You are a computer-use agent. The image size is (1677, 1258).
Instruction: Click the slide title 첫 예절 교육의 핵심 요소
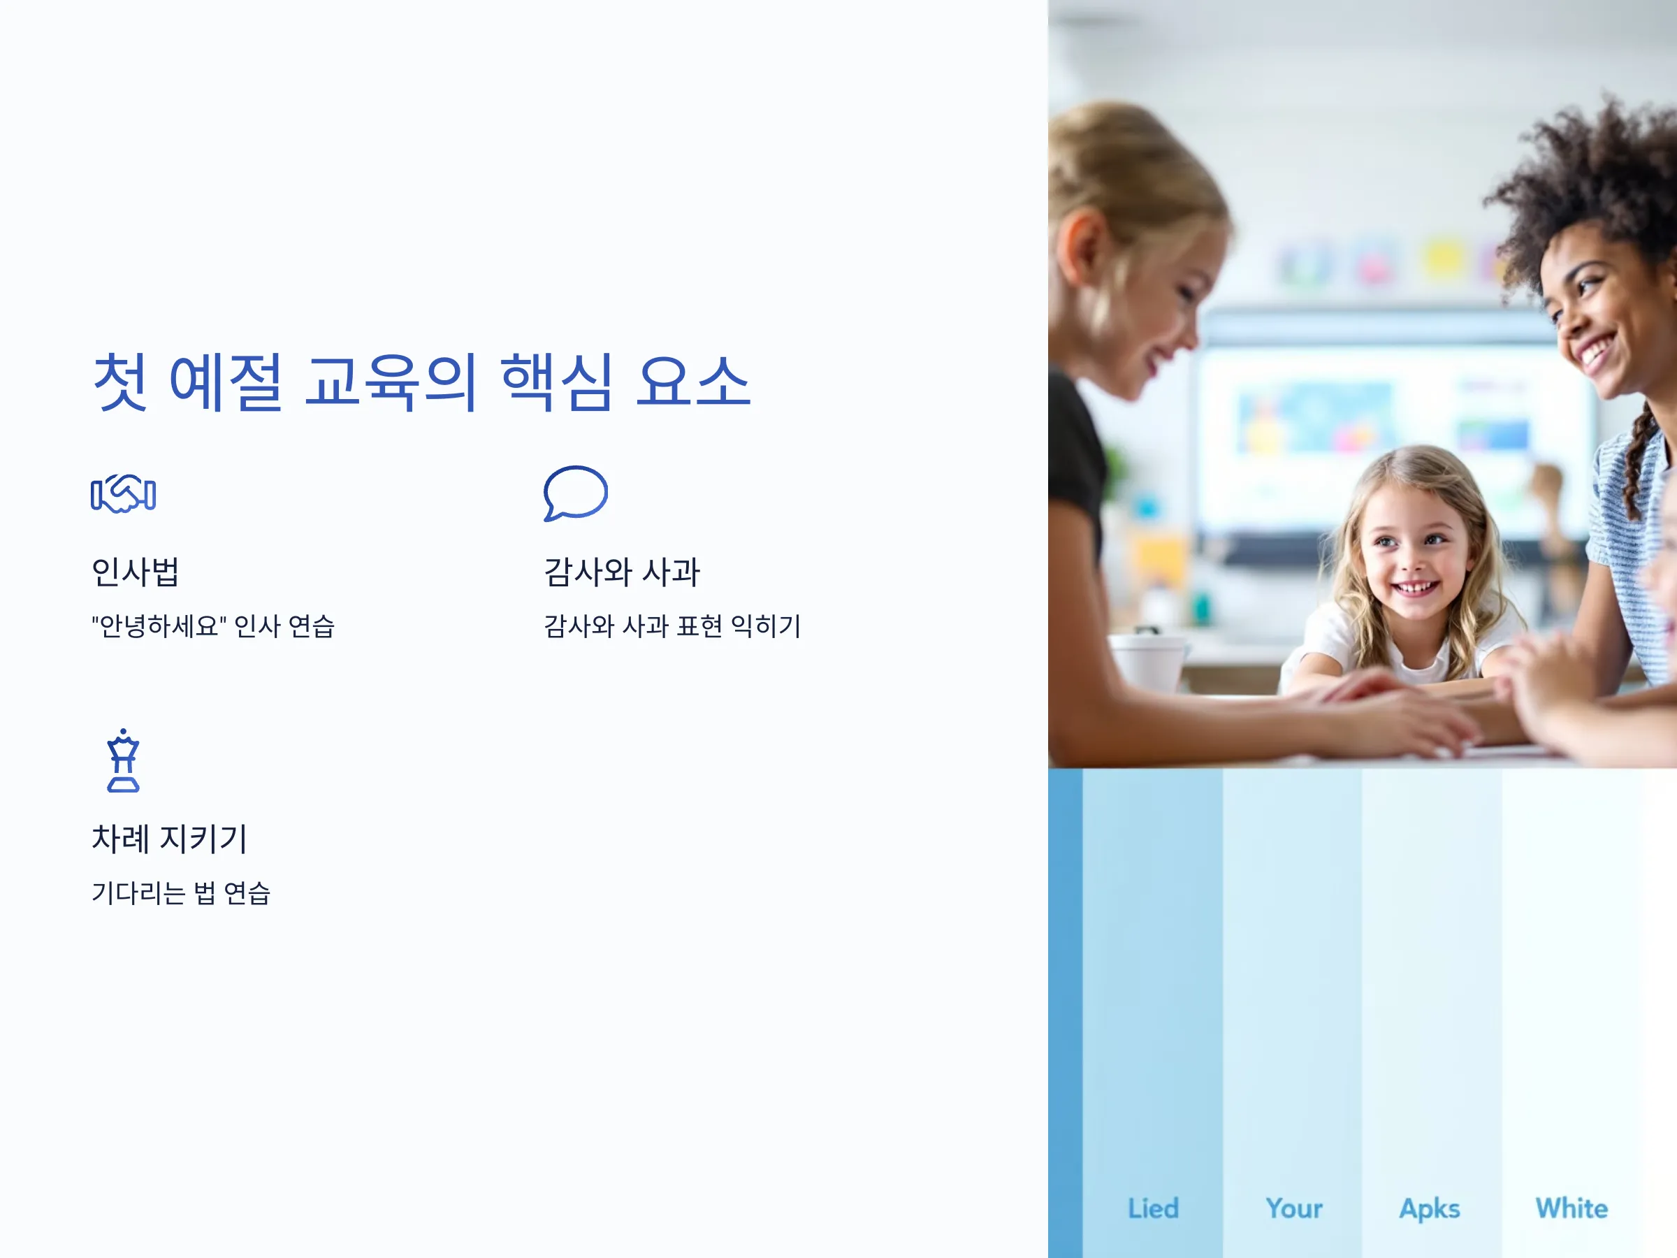[421, 383]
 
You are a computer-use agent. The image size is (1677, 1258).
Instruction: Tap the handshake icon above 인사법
[124, 494]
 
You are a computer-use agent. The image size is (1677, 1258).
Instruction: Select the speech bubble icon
[576, 493]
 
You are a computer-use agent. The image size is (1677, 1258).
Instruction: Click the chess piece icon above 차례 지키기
[124, 760]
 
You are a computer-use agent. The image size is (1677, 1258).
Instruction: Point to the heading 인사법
[135, 572]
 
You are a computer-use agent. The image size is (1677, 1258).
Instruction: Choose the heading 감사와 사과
[622, 572]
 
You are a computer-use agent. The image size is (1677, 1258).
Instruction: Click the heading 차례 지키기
[170, 839]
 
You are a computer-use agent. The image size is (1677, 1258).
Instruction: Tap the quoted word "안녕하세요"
[159, 626]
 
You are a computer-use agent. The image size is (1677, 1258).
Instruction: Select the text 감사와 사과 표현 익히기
[672, 626]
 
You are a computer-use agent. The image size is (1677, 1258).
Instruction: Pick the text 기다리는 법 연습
[181, 892]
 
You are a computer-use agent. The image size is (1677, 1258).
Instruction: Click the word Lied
[1153, 1208]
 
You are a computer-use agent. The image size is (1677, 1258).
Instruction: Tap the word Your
[1294, 1208]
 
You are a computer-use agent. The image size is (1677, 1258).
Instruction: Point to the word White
[1571, 1208]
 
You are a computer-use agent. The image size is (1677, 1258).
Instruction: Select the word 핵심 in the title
[556, 383]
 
